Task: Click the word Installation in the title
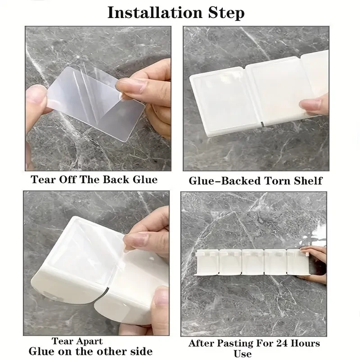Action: click(x=155, y=13)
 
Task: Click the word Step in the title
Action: click(x=226, y=13)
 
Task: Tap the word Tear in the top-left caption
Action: click(x=43, y=179)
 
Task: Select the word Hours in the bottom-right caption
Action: click(x=305, y=343)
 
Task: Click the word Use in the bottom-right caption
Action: click(x=243, y=354)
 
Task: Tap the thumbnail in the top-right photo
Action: click(x=309, y=104)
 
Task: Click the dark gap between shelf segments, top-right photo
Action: click(x=263, y=124)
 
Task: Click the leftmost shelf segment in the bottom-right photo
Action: click(x=207, y=262)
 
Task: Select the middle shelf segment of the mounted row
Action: click(x=253, y=262)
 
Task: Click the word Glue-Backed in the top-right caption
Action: click(x=225, y=181)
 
